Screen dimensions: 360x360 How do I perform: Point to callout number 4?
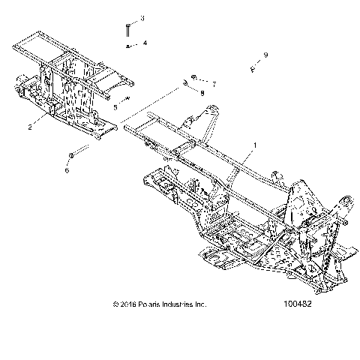click(x=145, y=43)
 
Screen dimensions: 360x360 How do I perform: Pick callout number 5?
click(x=115, y=107)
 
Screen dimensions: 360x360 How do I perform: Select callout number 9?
click(x=265, y=55)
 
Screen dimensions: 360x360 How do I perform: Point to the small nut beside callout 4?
click(x=130, y=46)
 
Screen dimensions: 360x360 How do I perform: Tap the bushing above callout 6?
click(x=71, y=155)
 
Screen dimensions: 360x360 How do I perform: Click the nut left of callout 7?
click(x=194, y=76)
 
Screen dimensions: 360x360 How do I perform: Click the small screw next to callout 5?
click(x=127, y=98)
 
